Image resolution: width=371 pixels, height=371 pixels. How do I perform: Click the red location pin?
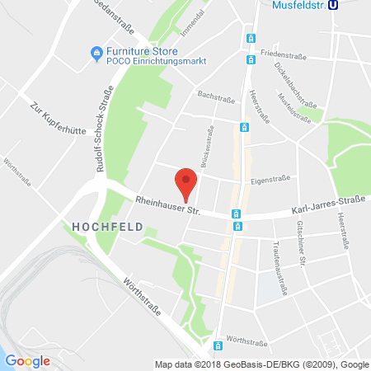pyautogui.click(x=188, y=183)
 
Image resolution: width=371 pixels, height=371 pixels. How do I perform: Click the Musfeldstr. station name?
pyautogui.click(x=300, y=6)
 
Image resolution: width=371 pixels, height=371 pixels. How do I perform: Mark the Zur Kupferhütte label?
pyautogui.click(x=47, y=120)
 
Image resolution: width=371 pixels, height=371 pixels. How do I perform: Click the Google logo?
pyautogui.click(x=28, y=360)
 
